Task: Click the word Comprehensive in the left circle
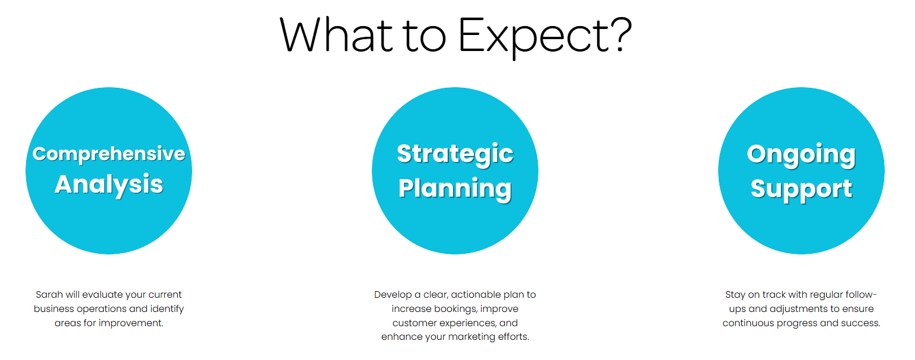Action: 109,154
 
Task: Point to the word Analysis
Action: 109,184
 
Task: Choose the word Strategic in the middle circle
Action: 455,154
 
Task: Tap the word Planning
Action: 455,189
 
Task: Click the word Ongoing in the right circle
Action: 801,155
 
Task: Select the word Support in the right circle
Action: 801,189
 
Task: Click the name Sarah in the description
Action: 49,295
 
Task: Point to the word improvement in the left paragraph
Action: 130,323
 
